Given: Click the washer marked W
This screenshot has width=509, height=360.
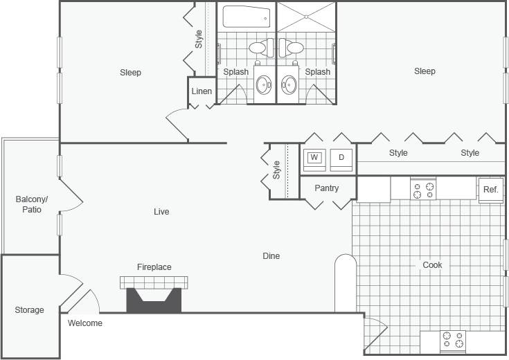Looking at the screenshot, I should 314,158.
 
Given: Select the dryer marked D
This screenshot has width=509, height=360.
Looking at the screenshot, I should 341,158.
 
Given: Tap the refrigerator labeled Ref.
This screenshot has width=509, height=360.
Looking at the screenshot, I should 490,190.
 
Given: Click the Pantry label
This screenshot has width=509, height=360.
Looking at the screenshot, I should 327,188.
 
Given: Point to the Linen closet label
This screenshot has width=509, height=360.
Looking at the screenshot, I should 202,91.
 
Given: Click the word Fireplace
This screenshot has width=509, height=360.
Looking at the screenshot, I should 154,267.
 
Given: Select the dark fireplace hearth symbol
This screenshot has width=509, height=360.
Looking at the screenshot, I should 154,300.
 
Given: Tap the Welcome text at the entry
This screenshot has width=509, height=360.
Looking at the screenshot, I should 85,323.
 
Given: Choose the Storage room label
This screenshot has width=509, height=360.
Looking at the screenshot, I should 30,310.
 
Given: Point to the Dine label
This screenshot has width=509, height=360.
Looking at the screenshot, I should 271,256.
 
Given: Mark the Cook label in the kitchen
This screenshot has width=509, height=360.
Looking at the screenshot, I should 432,265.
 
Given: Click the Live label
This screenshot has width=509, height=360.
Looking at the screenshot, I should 161,212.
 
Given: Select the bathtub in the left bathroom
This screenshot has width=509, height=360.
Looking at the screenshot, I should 247,17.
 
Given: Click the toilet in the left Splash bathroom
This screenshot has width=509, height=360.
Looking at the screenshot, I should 259,48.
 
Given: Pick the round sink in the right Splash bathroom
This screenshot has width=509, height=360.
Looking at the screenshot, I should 289,85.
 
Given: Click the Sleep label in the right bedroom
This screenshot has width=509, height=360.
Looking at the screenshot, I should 425,71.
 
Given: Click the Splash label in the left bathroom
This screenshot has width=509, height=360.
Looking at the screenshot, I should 236,72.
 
